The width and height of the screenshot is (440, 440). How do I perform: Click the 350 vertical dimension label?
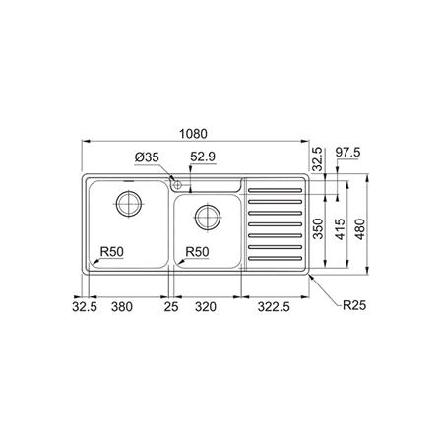(317, 225)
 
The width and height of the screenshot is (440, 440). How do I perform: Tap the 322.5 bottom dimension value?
(274, 306)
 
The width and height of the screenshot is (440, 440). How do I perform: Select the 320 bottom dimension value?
(206, 306)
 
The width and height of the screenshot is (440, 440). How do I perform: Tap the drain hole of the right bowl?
(207, 216)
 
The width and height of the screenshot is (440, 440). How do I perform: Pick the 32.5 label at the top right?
(317, 157)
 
